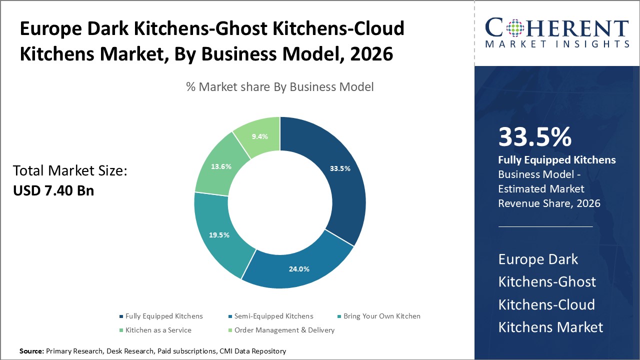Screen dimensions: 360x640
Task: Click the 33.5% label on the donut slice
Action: point(340,168)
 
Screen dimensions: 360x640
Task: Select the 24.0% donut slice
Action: point(299,268)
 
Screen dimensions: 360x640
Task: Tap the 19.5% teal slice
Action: point(219,235)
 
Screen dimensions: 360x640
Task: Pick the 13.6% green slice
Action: point(221,166)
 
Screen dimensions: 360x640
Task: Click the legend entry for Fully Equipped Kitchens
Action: point(163,316)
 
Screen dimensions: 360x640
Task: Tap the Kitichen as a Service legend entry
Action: point(158,330)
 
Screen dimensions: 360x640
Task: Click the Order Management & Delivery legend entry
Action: point(284,330)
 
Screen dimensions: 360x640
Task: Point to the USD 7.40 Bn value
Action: point(53,190)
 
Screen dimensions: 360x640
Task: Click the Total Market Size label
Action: point(70,171)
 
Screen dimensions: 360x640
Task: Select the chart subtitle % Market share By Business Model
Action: point(279,87)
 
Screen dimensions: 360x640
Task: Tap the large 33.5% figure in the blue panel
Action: point(535,136)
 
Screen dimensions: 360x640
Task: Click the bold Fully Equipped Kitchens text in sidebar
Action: point(557,160)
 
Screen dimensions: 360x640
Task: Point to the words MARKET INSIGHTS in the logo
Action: point(557,43)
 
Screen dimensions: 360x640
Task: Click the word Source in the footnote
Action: point(31,351)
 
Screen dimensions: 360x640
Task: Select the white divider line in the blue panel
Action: point(545,226)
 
